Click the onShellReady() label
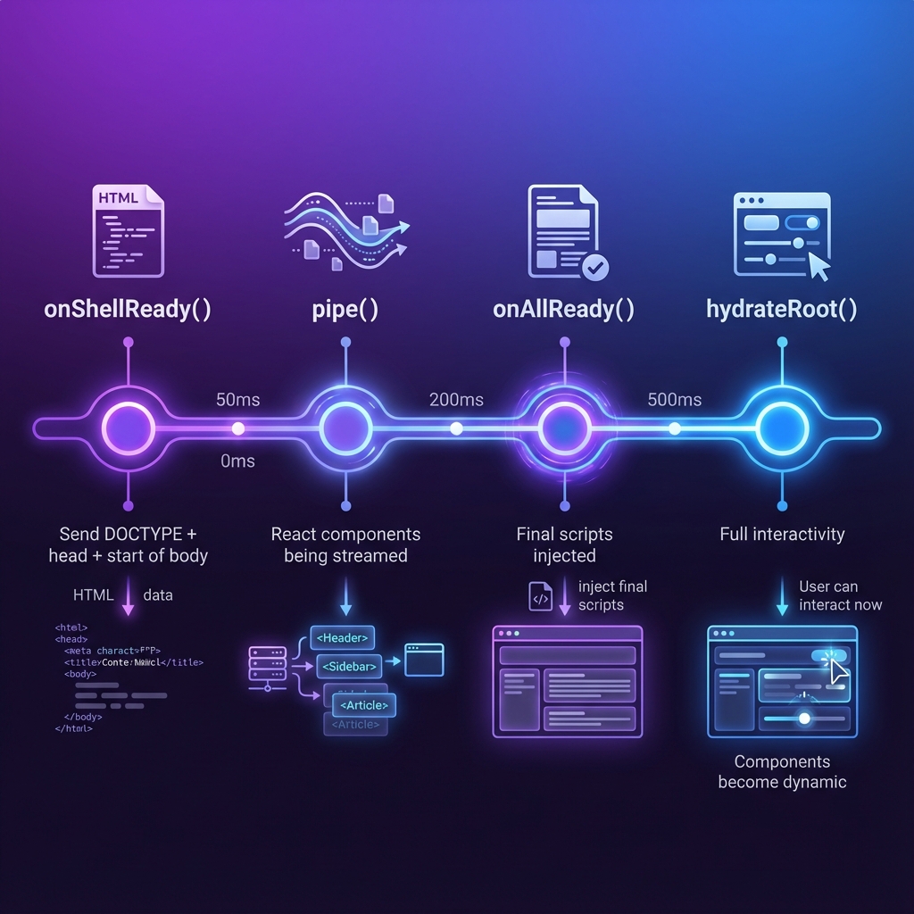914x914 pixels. tap(128, 310)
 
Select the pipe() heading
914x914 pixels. tap(345, 310)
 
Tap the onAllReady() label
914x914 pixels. tap(563, 310)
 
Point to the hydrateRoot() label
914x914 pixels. tap(782, 310)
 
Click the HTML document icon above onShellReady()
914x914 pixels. tap(129, 230)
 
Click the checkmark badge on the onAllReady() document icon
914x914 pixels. tap(594, 265)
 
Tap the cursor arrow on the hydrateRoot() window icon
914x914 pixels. tap(818, 265)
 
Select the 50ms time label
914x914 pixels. tap(238, 399)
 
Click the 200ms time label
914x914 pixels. tap(456, 399)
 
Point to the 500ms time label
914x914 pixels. tap(674, 399)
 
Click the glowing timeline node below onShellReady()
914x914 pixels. tap(129, 428)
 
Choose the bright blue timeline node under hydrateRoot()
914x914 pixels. tap(782, 428)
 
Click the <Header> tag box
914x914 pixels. tap(342, 637)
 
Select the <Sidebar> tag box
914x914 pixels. tap(349, 666)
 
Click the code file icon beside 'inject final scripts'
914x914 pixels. tap(541, 596)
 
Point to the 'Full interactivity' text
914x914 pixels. tap(782, 535)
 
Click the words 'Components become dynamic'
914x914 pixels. tap(782, 772)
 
